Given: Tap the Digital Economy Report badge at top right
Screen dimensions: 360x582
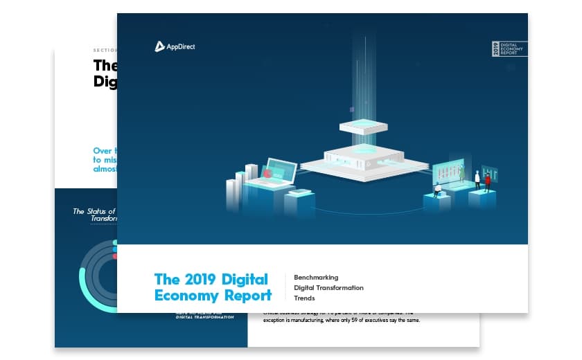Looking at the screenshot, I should (509, 49).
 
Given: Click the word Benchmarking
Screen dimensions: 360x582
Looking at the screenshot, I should (316, 277).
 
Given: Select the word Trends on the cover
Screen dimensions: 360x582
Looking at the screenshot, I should (304, 298).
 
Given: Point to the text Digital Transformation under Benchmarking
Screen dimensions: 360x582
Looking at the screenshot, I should (328, 287).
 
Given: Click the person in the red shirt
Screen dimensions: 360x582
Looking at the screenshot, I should (487, 182).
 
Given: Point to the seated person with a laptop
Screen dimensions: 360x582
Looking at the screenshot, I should (437, 188).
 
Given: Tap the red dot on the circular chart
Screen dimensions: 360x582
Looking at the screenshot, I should (115, 256).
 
